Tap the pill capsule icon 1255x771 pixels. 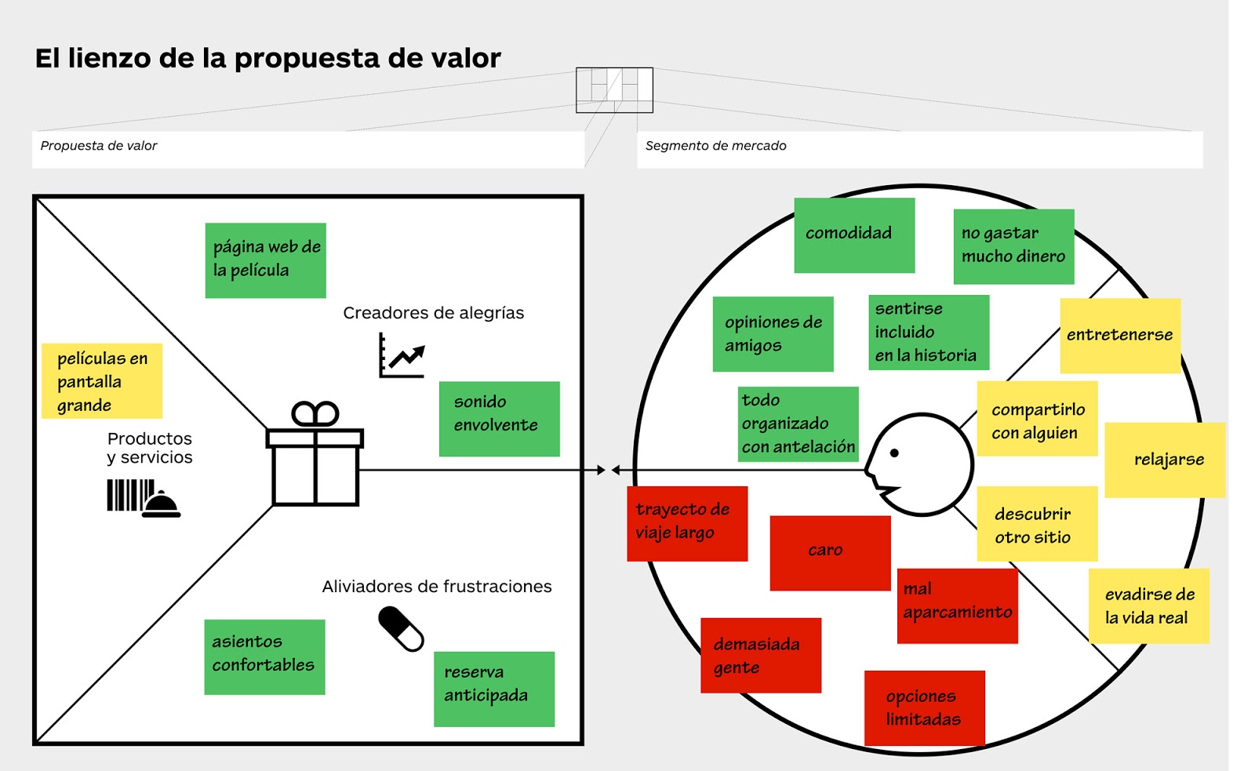click(401, 629)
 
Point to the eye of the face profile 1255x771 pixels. click(894, 453)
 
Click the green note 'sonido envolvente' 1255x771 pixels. click(499, 419)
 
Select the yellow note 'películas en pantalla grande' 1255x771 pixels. click(102, 381)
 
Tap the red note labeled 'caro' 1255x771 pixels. click(830, 553)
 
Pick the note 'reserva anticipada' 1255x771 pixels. click(494, 689)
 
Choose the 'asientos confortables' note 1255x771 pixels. click(264, 657)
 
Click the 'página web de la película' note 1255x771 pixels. click(265, 260)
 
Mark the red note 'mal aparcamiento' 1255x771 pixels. click(957, 606)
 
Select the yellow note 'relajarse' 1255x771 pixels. click(1165, 460)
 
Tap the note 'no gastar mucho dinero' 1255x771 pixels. click(1013, 246)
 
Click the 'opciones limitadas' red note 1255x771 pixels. click(924, 707)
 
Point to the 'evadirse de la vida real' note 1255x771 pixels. click(1148, 606)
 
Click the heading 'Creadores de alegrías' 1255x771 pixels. click(433, 313)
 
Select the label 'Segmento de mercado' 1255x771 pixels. click(715, 146)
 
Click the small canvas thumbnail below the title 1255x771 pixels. click(614, 90)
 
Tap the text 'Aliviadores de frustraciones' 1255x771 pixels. click(436, 587)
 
